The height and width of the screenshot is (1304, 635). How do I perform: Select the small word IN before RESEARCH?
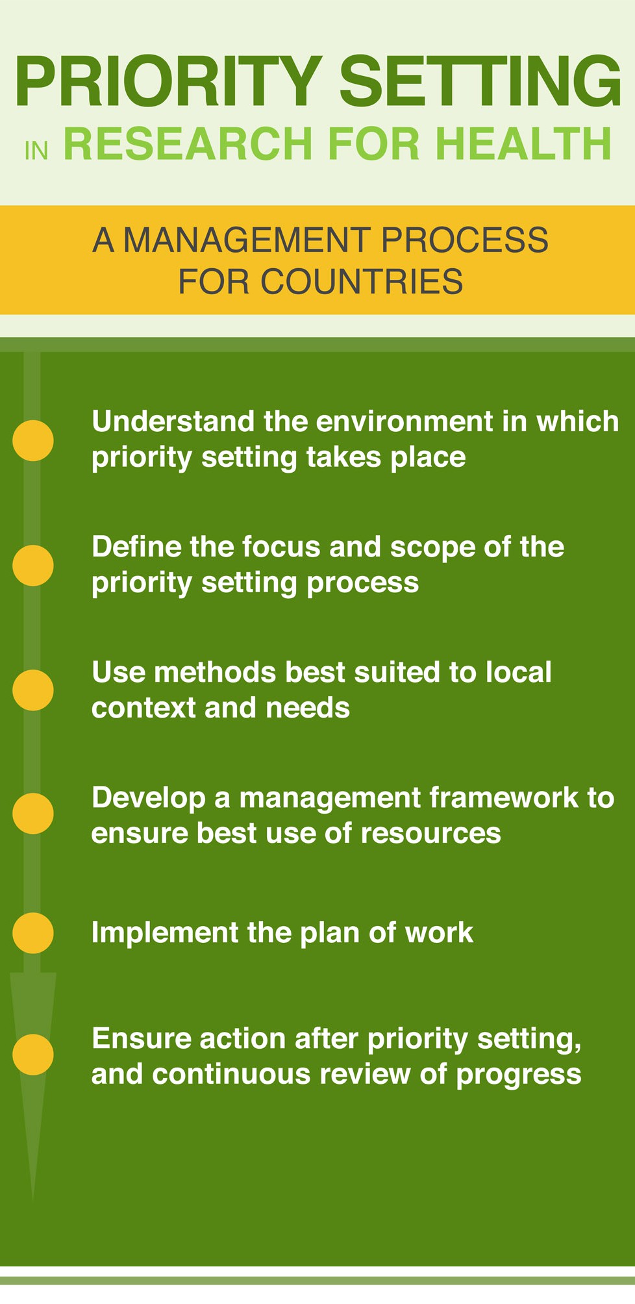[x=36, y=151]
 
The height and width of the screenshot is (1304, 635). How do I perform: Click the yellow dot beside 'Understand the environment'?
[x=33, y=440]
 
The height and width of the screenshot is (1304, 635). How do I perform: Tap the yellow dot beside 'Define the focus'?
[x=33, y=565]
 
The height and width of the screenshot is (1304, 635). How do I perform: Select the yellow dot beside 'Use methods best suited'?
[x=33, y=690]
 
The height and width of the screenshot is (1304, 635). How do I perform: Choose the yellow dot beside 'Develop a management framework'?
[x=33, y=814]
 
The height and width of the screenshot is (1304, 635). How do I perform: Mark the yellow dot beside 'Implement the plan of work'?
[x=33, y=933]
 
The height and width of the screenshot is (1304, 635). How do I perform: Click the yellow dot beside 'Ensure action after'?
[x=33, y=1055]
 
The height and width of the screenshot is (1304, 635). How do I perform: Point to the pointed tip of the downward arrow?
[x=32, y=1200]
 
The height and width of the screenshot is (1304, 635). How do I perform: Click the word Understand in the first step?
[x=173, y=421]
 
